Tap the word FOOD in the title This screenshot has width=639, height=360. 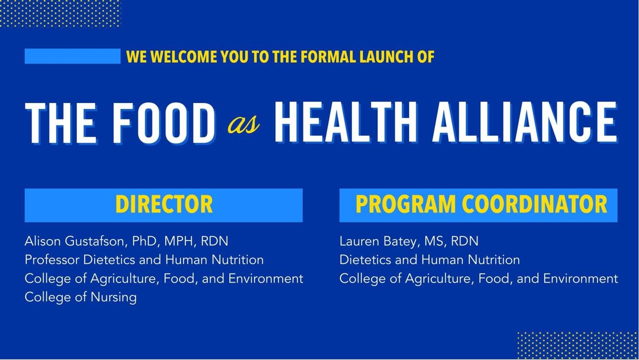pyautogui.click(x=164, y=123)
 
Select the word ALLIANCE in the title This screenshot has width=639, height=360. pyautogui.click(x=525, y=122)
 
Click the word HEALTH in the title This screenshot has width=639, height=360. pyautogui.click(x=345, y=122)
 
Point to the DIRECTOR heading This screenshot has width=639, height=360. pyautogui.click(x=164, y=204)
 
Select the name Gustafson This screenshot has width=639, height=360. pyautogui.click(x=95, y=241)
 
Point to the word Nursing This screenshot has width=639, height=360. pyautogui.click(x=114, y=297)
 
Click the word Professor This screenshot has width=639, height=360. pyautogui.click(x=52, y=260)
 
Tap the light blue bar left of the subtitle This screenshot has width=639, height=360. pyautogui.click(x=72, y=56)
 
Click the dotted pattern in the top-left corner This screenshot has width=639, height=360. pyautogui.click(x=60, y=13)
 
